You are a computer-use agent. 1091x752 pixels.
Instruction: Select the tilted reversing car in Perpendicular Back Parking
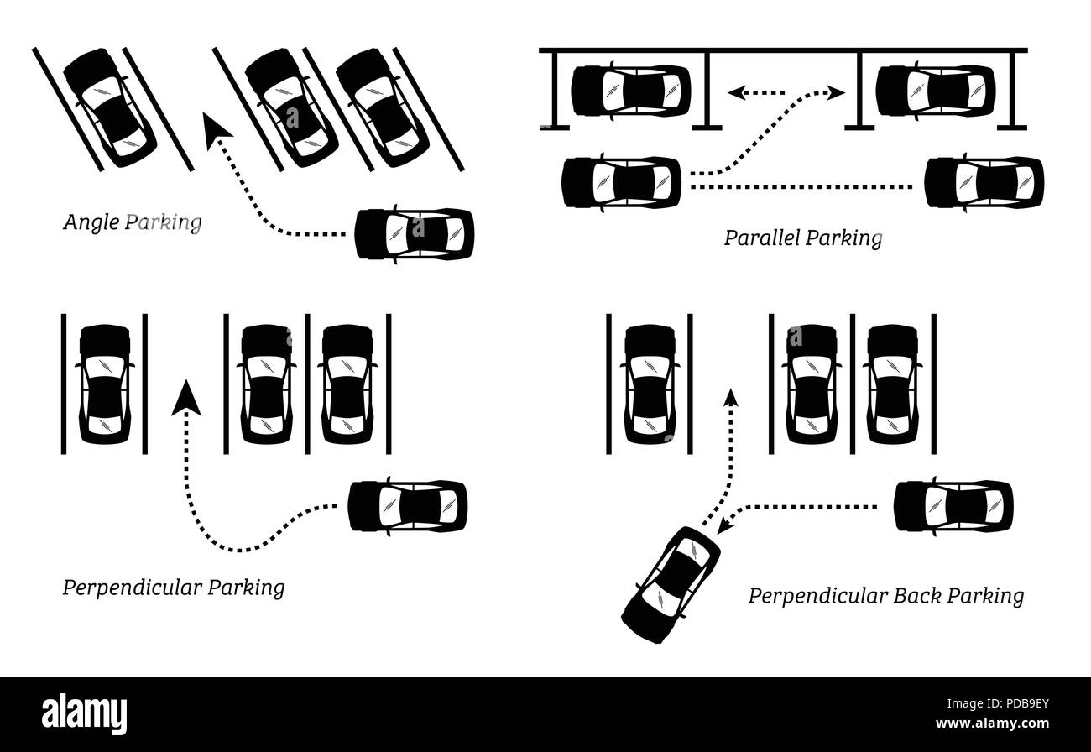(x=671, y=585)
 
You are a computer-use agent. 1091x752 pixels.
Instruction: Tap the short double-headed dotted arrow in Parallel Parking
(x=755, y=94)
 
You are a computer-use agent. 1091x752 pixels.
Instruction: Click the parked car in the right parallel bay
(x=935, y=90)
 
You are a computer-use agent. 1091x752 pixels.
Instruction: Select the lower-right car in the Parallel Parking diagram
(x=984, y=181)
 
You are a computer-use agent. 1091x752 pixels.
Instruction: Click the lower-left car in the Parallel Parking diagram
(x=621, y=181)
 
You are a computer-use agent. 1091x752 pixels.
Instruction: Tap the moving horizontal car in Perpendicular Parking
(x=408, y=506)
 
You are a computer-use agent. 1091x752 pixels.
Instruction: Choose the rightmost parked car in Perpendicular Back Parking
(x=893, y=384)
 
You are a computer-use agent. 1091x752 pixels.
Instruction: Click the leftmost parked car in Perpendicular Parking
(x=105, y=384)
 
